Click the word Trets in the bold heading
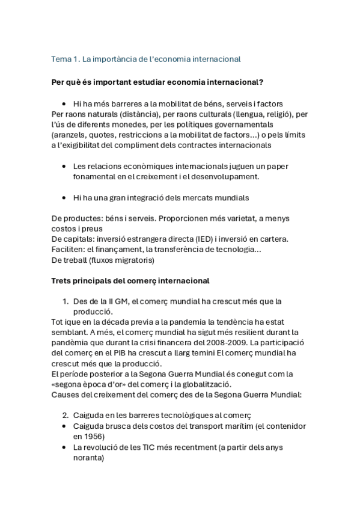[x=63, y=281]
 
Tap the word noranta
[x=88, y=457]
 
